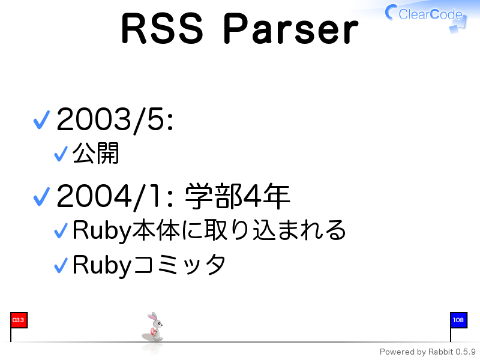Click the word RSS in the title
(162, 29)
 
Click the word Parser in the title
(291, 29)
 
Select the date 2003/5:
(115, 120)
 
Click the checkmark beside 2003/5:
(41, 119)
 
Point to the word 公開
(95, 153)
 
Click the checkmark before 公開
(61, 154)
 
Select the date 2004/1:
(115, 197)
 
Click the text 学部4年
(238, 196)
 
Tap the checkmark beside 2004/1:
(41, 197)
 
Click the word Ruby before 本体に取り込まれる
(102, 230)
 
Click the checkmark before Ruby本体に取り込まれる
(61, 230)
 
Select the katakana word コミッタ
(179, 264)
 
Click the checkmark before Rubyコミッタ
(61, 265)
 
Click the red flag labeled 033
(19, 320)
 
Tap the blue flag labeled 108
(458, 320)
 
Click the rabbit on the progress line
(153, 327)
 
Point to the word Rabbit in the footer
(440, 352)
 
